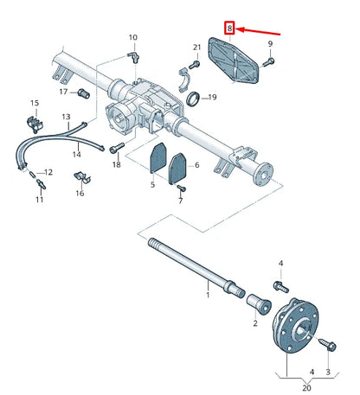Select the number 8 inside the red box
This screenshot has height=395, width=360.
point(229,29)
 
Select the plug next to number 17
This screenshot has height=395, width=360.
point(84,92)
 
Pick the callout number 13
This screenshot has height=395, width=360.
point(66,116)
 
